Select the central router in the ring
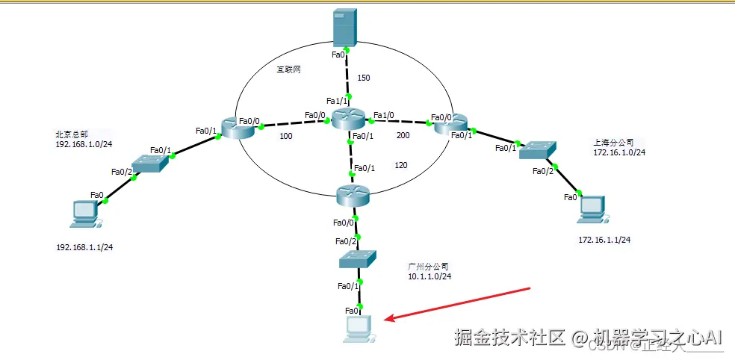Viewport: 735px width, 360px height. (349, 119)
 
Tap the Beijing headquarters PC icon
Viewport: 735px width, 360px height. (84, 214)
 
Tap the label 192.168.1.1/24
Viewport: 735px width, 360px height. (90, 246)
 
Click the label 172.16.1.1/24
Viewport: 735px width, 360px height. (604, 240)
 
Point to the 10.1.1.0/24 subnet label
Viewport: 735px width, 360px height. (429, 276)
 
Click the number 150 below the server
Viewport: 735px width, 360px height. (364, 77)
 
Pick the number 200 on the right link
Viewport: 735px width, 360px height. (403, 136)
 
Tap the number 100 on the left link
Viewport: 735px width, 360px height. (285, 136)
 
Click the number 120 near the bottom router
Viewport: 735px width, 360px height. (400, 165)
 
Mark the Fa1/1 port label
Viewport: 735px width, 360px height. (338, 101)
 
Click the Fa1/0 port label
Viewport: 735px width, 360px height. (384, 115)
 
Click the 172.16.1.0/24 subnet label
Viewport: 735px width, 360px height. (619, 152)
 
